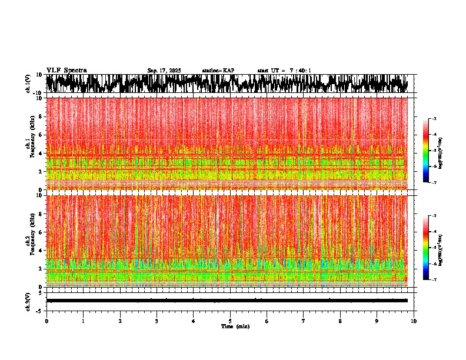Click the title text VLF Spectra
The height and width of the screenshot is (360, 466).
(66, 71)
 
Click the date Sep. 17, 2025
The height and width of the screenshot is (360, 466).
(164, 71)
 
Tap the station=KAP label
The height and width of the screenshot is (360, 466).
(218, 71)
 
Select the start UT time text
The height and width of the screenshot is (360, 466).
(284, 71)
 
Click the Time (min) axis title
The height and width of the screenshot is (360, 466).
(235, 326)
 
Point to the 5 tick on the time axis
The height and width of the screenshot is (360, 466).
(230, 321)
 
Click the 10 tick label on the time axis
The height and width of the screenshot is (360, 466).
(414, 321)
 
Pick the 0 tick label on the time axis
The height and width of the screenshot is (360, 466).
(46, 321)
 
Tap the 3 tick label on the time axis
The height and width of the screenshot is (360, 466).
(157, 321)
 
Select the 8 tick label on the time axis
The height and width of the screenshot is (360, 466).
(340, 321)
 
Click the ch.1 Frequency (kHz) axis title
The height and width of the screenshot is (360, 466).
(29, 144)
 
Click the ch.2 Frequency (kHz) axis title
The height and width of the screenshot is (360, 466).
(29, 241)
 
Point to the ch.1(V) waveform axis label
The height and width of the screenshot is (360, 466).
(28, 84)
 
